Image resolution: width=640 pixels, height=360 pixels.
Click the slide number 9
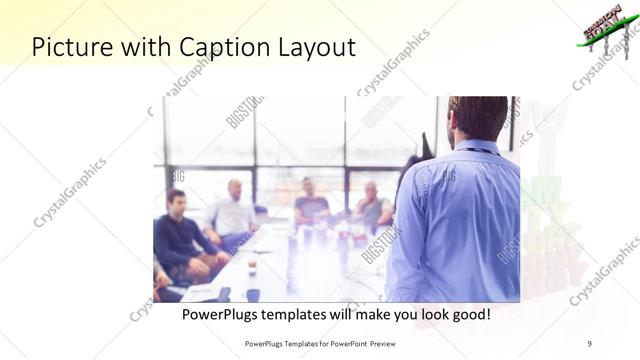[x=589, y=343]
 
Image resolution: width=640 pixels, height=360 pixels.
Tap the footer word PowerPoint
[x=339, y=343]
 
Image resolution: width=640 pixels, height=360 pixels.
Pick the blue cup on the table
[x=253, y=294]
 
